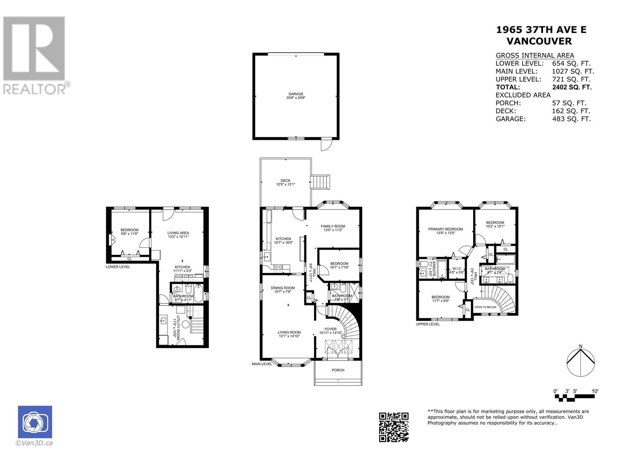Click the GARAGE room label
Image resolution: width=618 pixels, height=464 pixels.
click(295, 94)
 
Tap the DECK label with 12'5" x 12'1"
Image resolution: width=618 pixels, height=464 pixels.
click(285, 181)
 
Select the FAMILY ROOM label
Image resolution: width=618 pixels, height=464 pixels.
click(333, 226)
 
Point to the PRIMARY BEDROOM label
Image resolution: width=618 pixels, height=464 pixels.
click(445, 229)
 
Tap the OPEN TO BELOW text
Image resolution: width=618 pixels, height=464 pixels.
click(485, 307)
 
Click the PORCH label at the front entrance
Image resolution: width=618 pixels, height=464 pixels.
click(338, 370)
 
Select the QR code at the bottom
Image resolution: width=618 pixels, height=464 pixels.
click(394, 427)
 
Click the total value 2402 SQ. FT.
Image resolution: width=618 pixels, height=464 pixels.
click(572, 87)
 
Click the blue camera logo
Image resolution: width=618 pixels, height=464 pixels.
click(35, 422)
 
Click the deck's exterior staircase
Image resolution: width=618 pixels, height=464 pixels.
click(321, 182)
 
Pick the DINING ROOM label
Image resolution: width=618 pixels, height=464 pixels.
click(282, 288)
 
